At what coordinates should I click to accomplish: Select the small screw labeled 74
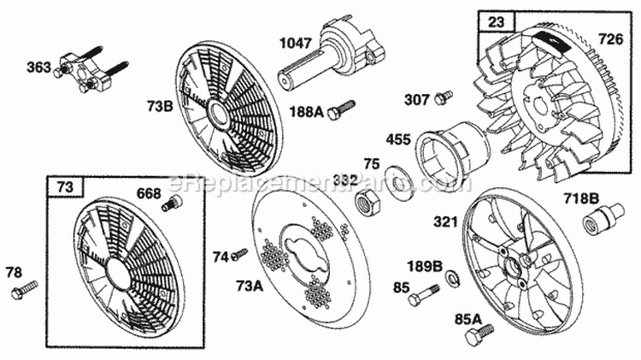coord(239,253)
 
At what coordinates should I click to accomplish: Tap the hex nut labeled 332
coord(363,204)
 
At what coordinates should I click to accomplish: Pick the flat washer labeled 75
coord(395,184)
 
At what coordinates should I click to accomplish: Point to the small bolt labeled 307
coord(442,98)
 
